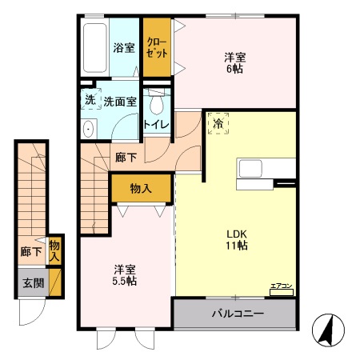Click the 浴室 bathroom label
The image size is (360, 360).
pyautogui.click(x=124, y=48)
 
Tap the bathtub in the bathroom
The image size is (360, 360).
pyautogui.click(x=94, y=48)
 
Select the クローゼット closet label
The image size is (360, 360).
pyautogui.click(x=157, y=48)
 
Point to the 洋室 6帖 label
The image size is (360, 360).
pyautogui.click(x=235, y=63)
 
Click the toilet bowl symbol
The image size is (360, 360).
pyautogui.click(x=157, y=102)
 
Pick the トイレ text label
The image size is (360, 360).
pyautogui.click(x=157, y=124)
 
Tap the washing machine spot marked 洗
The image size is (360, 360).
pyautogui.click(x=91, y=99)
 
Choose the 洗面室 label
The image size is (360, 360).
pyautogui.click(x=120, y=102)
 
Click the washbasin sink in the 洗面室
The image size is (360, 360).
pyautogui.click(x=89, y=130)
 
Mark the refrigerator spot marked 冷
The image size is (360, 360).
pyautogui.click(x=218, y=123)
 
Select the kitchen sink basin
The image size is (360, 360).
pyautogui.click(x=250, y=169)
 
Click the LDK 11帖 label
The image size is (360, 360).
pyautogui.click(x=237, y=240)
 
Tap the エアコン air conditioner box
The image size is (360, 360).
pyautogui.click(x=282, y=293)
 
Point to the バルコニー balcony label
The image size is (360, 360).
pyautogui.click(x=238, y=314)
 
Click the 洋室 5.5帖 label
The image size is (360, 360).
pyautogui.click(x=125, y=275)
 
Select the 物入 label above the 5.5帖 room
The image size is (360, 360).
pyautogui.click(x=141, y=189)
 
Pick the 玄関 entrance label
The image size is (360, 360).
pyautogui.click(x=34, y=283)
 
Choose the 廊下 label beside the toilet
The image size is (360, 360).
pyautogui.click(x=126, y=158)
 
